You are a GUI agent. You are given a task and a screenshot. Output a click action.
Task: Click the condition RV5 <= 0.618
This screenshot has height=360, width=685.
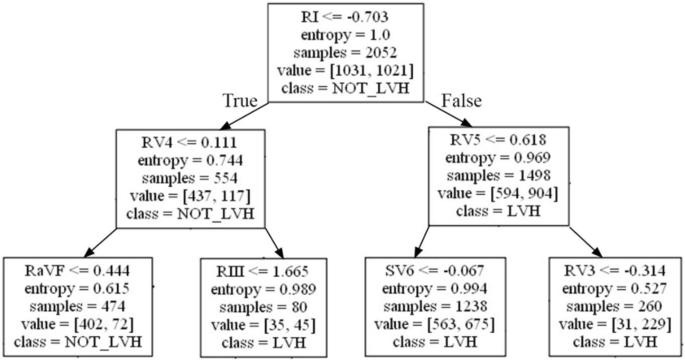(x=499, y=141)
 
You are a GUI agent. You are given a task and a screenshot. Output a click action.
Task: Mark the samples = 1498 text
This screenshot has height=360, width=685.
(x=499, y=175)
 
